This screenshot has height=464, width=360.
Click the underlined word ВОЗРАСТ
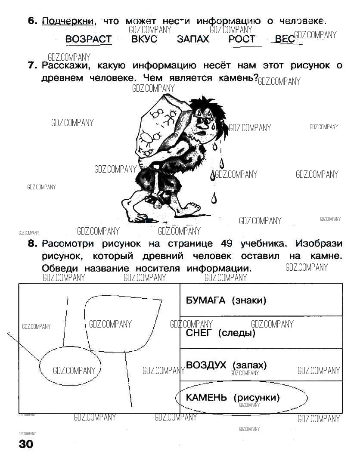[x=88, y=39]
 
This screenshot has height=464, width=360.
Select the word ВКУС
[x=144, y=39]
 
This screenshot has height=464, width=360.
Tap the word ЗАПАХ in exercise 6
[x=193, y=39]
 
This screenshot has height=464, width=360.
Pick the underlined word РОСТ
[x=242, y=39]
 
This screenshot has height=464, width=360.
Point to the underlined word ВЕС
[x=284, y=39]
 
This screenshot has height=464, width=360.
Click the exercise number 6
[x=33, y=21]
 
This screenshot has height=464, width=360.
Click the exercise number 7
[x=33, y=66]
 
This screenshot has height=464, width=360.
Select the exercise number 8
[x=33, y=244]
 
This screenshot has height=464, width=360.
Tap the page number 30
[x=26, y=444]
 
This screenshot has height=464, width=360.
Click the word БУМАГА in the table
[x=205, y=300]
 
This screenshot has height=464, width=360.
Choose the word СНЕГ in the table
[x=200, y=333]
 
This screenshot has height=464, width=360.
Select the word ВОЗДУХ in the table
[x=206, y=365]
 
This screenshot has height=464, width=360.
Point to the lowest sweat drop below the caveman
[x=214, y=198]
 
